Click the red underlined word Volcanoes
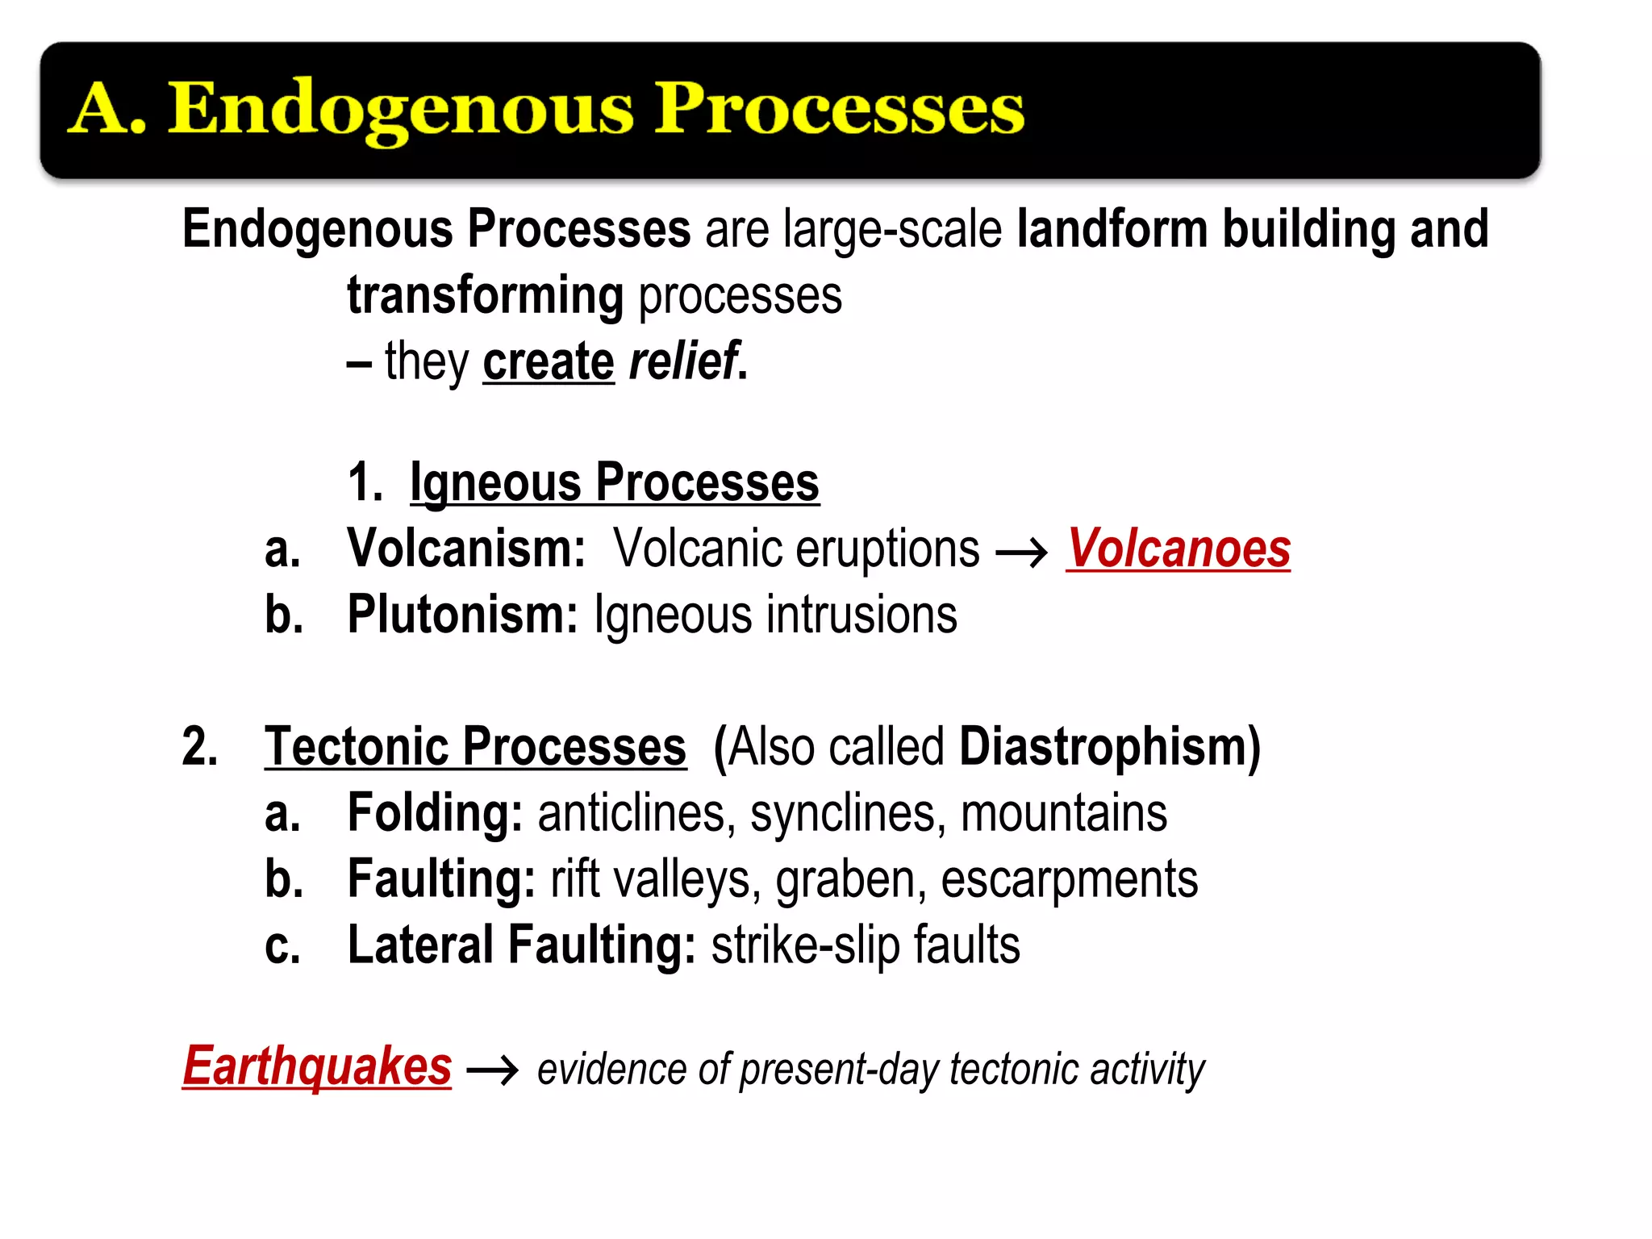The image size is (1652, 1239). (1178, 549)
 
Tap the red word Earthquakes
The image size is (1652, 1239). (317, 1066)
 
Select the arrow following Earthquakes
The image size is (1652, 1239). (493, 1071)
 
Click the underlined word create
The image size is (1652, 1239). (549, 362)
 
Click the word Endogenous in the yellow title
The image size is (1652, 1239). (401, 110)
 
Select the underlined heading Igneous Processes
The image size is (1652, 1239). (614, 483)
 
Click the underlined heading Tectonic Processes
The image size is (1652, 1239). (475, 747)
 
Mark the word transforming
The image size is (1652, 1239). (485, 296)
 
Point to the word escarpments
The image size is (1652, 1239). (1069, 879)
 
